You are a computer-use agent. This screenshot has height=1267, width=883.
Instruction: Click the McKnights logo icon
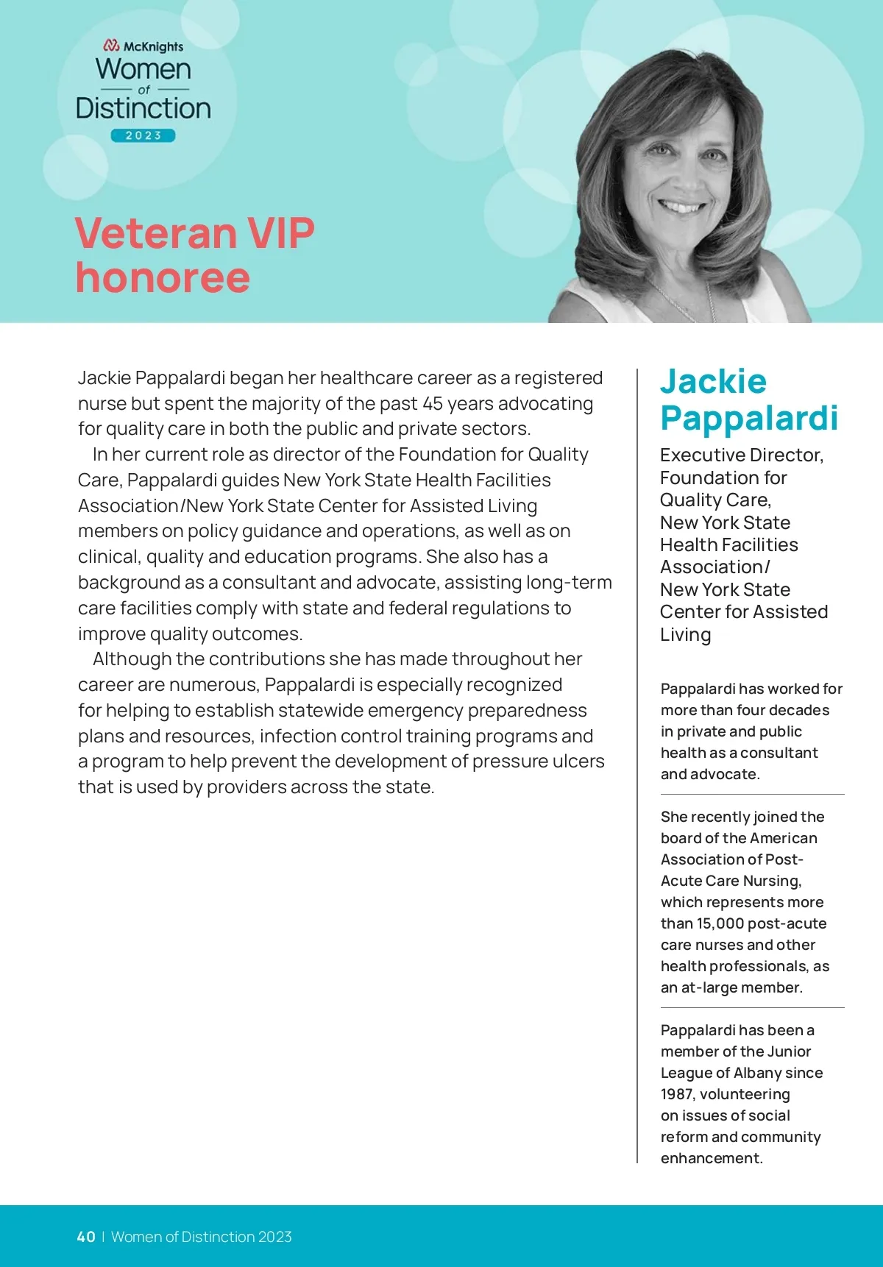111,46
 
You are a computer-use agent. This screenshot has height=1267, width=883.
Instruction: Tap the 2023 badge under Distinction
143,135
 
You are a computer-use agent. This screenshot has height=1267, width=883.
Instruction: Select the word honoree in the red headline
163,277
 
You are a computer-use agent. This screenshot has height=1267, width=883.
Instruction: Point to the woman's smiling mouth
683,206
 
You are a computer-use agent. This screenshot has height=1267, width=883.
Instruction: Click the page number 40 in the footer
86,1237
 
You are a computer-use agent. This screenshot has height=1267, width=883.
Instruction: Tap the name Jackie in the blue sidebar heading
713,381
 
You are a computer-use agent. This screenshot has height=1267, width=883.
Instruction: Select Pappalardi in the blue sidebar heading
749,418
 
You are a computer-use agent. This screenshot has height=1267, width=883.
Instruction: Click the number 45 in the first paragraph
433,403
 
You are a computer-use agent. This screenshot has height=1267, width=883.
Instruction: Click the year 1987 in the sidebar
677,1094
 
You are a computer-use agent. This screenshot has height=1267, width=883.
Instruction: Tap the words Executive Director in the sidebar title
741,455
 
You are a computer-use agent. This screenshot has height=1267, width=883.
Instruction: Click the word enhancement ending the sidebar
711,1158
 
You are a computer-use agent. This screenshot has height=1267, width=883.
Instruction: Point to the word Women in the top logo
143,69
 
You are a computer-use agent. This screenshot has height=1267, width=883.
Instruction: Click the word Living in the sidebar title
685,635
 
